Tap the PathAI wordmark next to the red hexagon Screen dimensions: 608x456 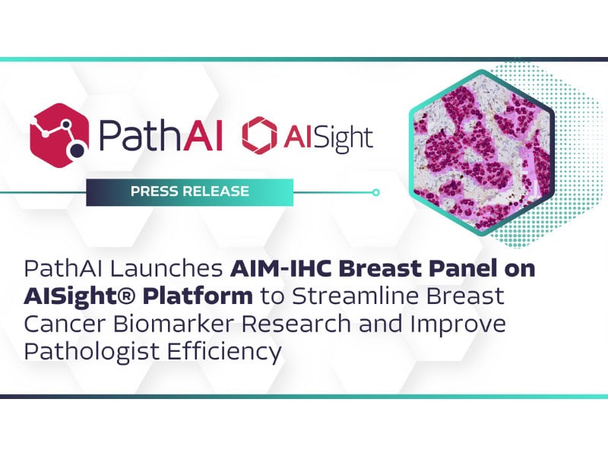(x=160, y=135)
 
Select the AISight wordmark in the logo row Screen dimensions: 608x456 (x=328, y=138)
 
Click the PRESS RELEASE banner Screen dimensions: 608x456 (x=189, y=192)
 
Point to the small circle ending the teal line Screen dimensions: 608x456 (x=375, y=192)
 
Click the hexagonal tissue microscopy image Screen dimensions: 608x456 (x=482, y=153)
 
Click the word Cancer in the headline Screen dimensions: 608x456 (x=65, y=325)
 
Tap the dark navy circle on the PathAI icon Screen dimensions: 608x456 (x=78, y=150)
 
